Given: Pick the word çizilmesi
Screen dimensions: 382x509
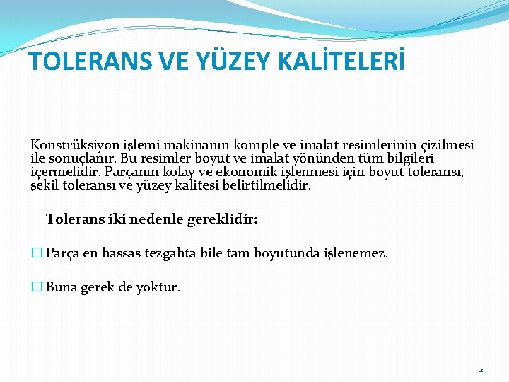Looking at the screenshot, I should point(445,145).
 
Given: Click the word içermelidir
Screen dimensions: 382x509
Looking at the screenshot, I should point(66,172).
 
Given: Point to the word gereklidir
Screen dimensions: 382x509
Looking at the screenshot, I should point(222,219).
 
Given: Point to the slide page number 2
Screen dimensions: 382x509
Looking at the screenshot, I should point(481,370).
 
